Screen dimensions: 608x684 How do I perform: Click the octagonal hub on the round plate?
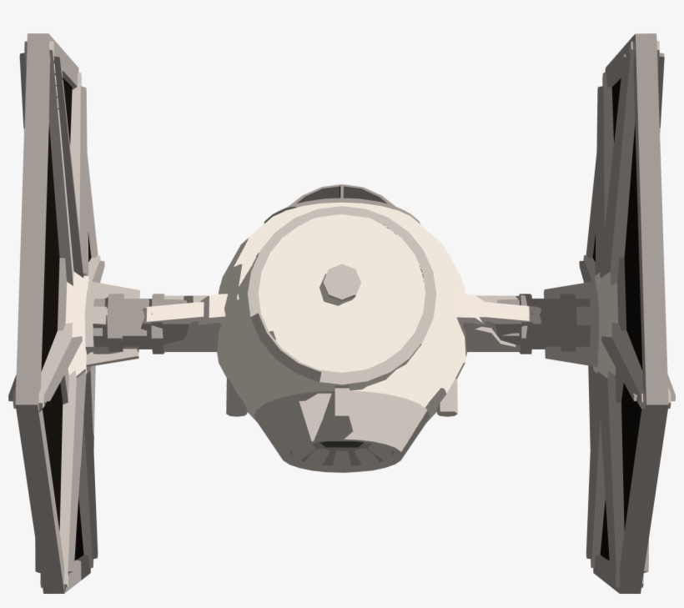point(340,284)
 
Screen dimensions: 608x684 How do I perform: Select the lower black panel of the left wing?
point(58,467)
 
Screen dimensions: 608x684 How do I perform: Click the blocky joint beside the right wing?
point(564,317)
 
